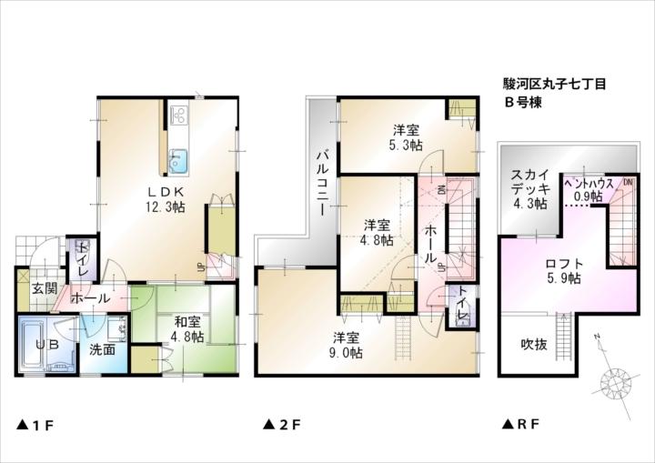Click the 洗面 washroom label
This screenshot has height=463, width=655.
point(102,349)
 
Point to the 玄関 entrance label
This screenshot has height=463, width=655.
point(45,289)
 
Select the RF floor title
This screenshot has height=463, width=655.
point(521,425)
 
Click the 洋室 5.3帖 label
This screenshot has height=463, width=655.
point(408,137)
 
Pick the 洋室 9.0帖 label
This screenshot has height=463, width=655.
point(347,346)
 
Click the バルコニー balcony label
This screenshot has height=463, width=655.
point(322,182)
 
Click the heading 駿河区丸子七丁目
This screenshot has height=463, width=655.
point(553,84)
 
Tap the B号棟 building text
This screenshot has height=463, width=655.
point(524,102)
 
